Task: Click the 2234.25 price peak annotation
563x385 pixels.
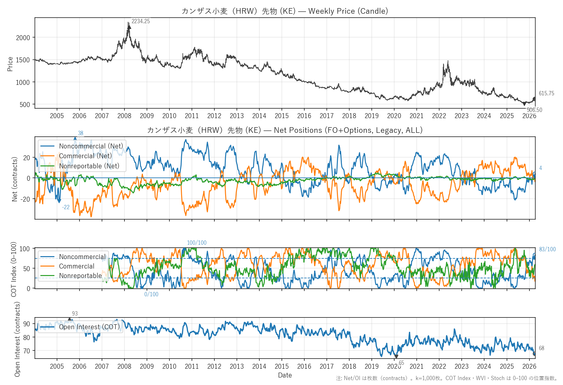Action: coord(140,22)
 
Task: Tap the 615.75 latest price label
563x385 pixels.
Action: coord(546,94)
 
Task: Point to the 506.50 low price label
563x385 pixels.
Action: coord(534,110)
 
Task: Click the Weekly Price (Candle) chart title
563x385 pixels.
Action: coord(284,11)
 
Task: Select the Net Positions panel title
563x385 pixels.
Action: coord(284,130)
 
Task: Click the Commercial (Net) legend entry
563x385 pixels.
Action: coord(85,156)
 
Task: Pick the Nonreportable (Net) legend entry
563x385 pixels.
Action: coord(89,166)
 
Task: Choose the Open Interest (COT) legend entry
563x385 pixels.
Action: coord(89,327)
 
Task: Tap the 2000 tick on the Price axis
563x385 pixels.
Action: coord(23,38)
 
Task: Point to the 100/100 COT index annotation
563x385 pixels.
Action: coord(196,243)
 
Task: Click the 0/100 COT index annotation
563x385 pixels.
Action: coord(151,294)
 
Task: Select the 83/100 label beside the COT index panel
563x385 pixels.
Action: coord(547,249)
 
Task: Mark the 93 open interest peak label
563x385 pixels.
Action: coord(75,314)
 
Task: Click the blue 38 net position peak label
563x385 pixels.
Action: coord(80,133)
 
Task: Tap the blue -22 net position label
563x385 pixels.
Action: coord(66,207)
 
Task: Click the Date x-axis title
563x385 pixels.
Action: coord(285,375)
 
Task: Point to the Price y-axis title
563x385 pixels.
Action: coord(10,64)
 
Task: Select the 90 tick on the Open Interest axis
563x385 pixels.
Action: coord(26,324)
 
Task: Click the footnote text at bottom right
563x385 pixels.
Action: coord(446,378)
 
